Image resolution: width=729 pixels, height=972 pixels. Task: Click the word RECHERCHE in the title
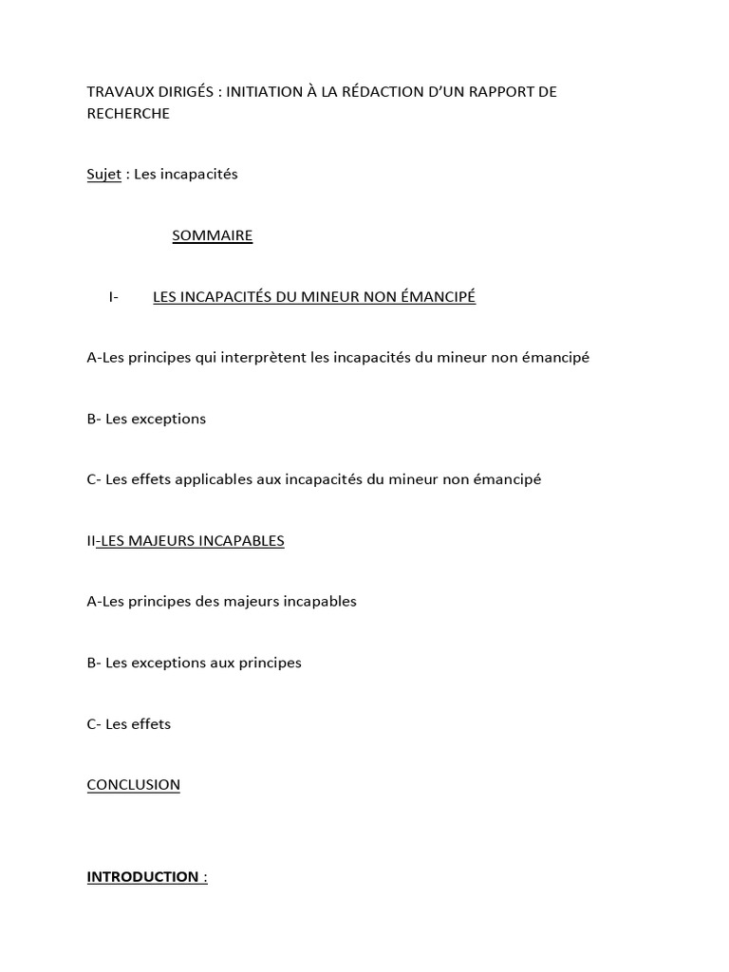tap(128, 114)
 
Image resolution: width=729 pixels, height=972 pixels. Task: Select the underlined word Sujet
tap(103, 175)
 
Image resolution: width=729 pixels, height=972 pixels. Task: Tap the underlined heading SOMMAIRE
tap(212, 235)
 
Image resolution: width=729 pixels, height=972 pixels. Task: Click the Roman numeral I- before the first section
tap(113, 297)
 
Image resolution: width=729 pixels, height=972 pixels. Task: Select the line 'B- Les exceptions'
tap(146, 419)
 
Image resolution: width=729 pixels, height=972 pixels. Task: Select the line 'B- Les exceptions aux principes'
tap(194, 663)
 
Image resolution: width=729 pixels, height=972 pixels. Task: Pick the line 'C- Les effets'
tap(128, 724)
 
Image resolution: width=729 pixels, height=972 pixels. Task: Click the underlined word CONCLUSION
tap(133, 785)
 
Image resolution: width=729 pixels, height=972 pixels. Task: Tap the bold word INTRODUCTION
tap(142, 877)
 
